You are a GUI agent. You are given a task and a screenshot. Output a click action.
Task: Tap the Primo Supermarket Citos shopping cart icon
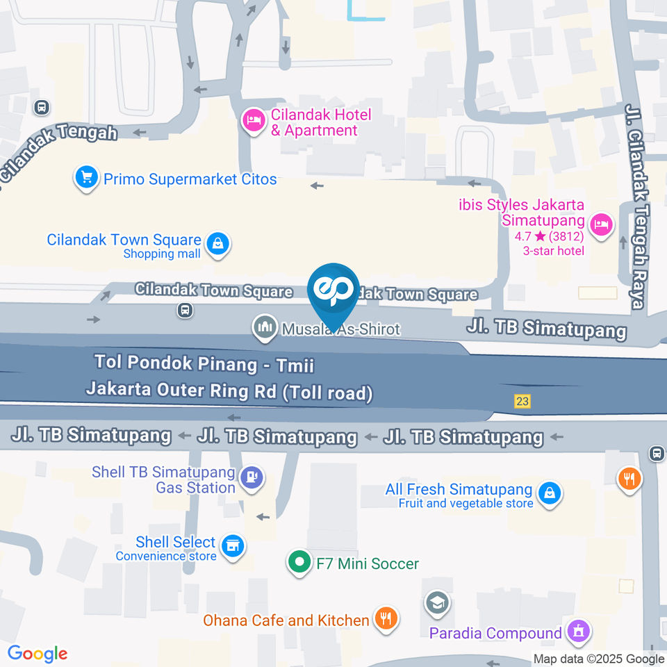[x=86, y=179]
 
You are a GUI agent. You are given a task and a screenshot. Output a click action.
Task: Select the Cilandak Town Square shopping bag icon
[x=218, y=245]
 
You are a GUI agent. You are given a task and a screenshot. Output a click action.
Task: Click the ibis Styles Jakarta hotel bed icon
[x=600, y=224]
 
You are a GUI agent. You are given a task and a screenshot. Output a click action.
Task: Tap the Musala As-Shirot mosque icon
[x=264, y=328]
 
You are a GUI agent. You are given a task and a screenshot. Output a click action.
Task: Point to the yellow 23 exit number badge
[x=522, y=402]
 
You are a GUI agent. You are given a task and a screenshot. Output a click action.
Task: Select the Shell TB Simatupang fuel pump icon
[x=249, y=477]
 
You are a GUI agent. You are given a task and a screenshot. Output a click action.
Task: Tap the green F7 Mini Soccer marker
[x=299, y=563]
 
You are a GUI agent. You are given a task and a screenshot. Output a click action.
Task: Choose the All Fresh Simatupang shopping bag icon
[x=549, y=494]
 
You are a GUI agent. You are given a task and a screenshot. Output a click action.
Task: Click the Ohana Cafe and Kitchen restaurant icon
[x=385, y=618]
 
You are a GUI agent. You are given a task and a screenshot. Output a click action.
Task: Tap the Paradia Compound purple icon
[x=578, y=632]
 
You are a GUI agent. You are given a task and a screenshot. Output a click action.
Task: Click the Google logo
[x=38, y=654]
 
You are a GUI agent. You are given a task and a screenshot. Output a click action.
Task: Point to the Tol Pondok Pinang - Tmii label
[x=208, y=363]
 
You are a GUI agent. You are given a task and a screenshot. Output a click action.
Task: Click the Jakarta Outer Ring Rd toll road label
[x=229, y=391]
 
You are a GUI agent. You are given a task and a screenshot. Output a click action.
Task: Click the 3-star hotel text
[x=554, y=251]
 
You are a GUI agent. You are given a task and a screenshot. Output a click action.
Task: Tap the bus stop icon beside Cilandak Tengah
[x=41, y=108]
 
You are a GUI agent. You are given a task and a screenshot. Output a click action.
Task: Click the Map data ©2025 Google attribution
[x=599, y=659]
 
